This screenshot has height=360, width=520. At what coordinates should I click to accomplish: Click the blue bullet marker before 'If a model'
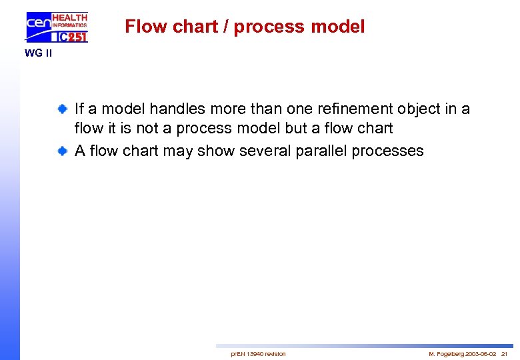coord(61,109)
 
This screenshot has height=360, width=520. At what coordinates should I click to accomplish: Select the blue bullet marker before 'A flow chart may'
coord(61,151)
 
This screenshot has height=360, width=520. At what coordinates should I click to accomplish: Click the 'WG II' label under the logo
coord(38,53)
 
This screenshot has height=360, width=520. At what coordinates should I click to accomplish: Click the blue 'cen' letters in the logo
coord(38,25)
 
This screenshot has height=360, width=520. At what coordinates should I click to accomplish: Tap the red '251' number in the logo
coord(77,37)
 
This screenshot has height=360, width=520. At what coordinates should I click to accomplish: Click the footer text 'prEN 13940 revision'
coord(258,353)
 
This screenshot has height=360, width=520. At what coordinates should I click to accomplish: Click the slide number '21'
coord(504,353)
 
